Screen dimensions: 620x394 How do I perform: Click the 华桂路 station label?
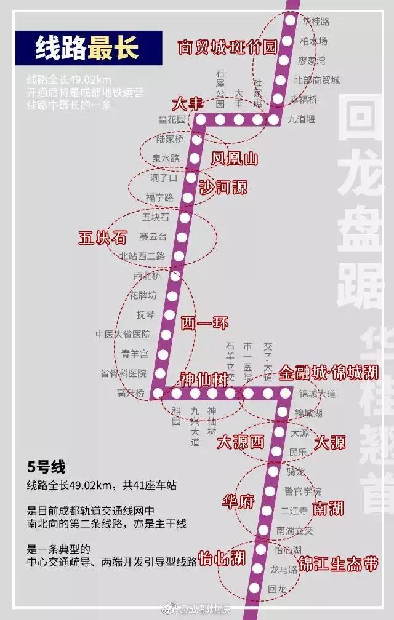316,22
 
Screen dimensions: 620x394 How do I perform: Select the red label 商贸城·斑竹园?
228,47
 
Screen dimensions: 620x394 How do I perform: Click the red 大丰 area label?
187,103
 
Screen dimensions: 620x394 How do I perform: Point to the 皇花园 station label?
172,120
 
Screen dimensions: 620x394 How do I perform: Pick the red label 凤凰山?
234,159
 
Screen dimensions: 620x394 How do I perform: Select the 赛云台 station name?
153,236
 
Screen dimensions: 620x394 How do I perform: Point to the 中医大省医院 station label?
123,334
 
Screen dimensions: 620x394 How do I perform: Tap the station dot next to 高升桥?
158,392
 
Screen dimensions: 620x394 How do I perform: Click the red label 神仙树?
204,379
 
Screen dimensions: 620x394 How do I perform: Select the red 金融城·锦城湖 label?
328,373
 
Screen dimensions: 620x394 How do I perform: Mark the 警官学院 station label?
303,491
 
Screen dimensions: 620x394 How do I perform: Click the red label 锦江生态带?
337,564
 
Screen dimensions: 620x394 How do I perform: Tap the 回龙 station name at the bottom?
278,589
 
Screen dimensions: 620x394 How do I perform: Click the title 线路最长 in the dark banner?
87,48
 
